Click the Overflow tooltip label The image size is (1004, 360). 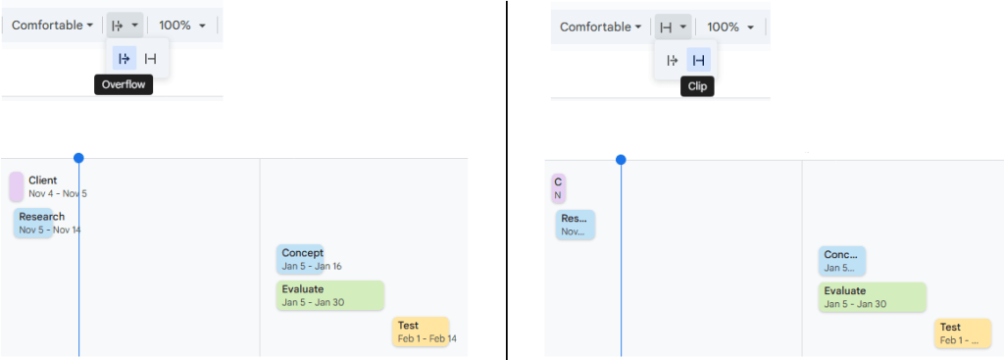[124, 85]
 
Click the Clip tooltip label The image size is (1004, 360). [697, 86]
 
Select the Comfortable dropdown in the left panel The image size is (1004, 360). [53, 25]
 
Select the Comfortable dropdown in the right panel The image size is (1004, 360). [601, 26]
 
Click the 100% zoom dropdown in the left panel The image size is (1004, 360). [182, 25]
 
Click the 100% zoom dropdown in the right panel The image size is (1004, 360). [730, 26]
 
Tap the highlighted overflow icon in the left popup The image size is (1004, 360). [125, 59]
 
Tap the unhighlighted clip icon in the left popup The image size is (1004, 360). [150, 59]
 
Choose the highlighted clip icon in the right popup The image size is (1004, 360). [698, 60]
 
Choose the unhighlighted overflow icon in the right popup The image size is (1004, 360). [673, 60]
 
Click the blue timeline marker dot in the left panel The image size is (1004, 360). [78, 158]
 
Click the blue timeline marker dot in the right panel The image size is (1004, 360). [621, 159]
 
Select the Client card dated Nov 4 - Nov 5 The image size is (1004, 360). [17, 186]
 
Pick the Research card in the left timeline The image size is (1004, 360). [33, 223]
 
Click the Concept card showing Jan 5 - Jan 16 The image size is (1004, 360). [299, 259]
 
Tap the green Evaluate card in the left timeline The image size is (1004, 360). [329, 295]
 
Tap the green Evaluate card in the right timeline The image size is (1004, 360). [872, 297]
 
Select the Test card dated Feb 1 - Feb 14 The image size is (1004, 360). [421, 332]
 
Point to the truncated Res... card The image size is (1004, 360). [575, 225]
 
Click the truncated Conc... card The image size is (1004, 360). [841, 261]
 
